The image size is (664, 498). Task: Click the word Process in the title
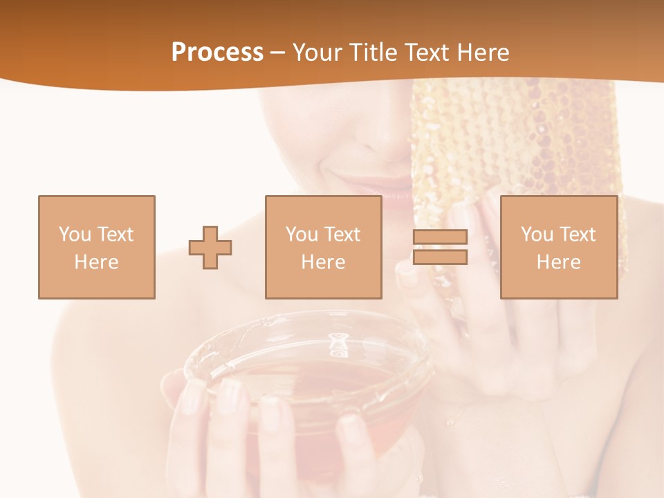[217, 53]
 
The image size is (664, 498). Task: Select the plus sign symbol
[210, 248]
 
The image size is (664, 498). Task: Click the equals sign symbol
[440, 248]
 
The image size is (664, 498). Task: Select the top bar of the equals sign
[440, 237]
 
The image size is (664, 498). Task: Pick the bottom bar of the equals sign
[440, 257]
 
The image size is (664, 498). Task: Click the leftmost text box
[97, 248]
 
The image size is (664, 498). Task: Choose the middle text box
[323, 248]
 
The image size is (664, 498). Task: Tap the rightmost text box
[558, 248]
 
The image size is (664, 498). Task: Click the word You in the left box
[74, 234]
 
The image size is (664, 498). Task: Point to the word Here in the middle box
[323, 262]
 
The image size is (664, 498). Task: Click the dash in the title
[277, 53]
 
